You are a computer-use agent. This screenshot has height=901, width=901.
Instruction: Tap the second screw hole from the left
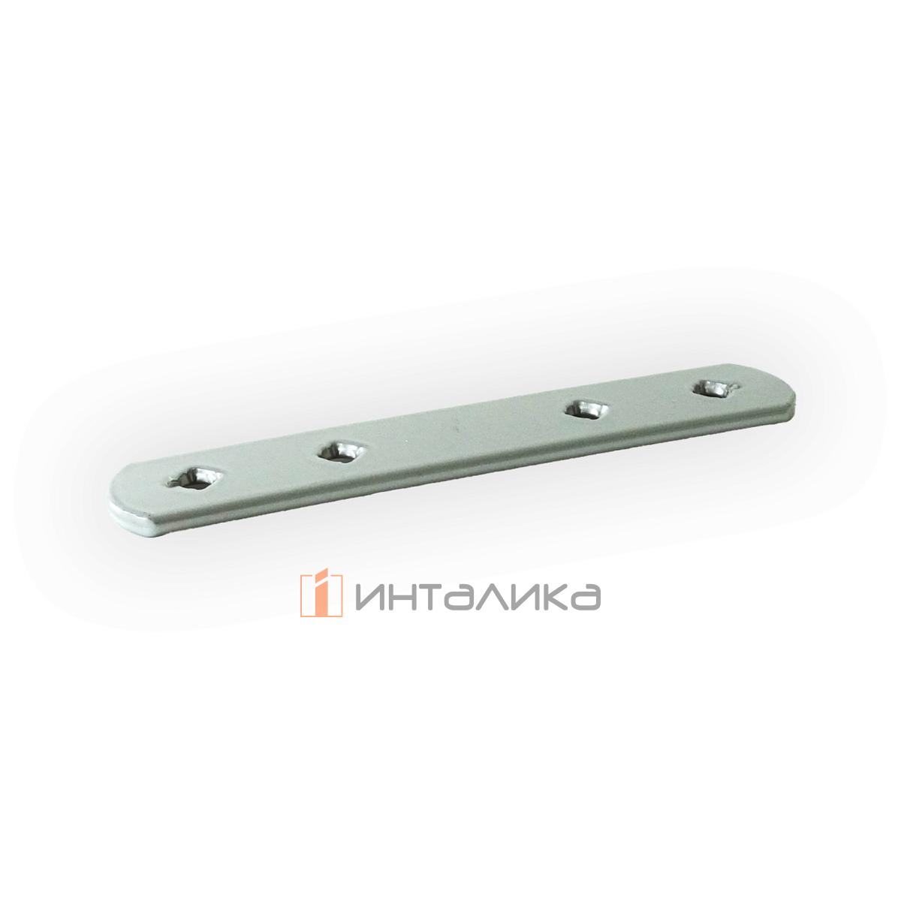pos(341,450)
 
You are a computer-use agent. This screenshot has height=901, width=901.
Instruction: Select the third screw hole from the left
pos(586,409)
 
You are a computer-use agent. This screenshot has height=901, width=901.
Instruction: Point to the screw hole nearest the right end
pos(713,387)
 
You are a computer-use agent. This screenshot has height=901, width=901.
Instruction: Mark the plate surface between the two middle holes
pos(463,431)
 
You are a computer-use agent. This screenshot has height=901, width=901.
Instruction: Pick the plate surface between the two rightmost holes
pos(650,399)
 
